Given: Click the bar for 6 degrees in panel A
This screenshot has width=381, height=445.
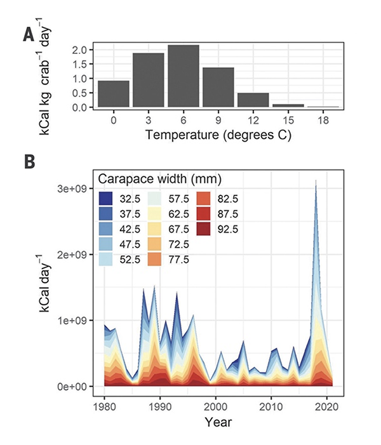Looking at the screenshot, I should click(x=184, y=76).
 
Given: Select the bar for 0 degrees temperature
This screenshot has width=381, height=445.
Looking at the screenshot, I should click(x=114, y=94).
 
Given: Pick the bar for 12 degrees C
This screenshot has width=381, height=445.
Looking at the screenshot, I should click(x=253, y=100).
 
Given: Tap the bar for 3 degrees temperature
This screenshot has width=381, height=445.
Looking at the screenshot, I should click(x=149, y=80).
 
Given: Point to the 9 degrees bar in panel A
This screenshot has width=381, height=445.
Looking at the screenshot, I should click(x=218, y=87).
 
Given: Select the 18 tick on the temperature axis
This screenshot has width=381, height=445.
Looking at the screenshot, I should click(x=324, y=120).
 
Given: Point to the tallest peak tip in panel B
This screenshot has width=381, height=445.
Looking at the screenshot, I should click(x=316, y=181).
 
